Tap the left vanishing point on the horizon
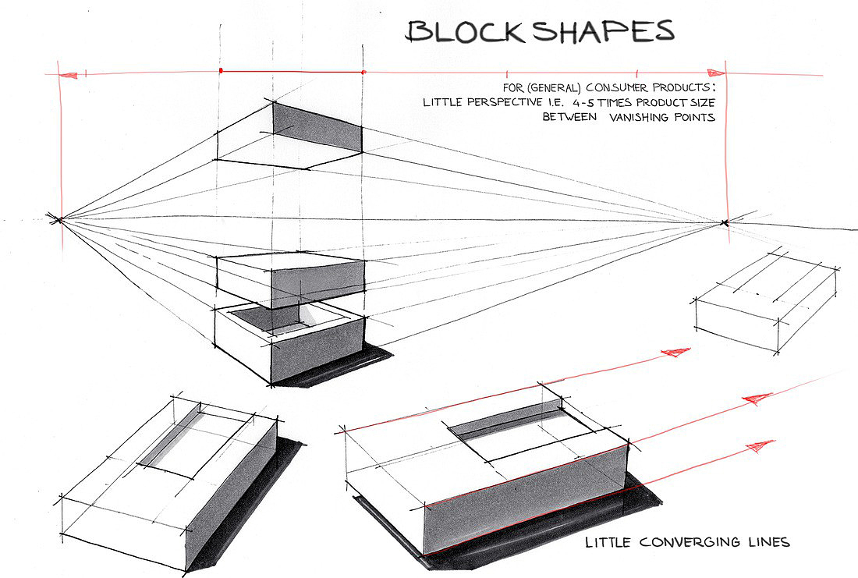58,219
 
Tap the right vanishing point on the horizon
725,224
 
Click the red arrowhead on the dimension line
69,76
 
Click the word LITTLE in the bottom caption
611,542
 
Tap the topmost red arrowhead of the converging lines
675,352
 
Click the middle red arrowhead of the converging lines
753,399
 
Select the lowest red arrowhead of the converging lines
759,445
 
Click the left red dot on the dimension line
222,71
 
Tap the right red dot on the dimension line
364,72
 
